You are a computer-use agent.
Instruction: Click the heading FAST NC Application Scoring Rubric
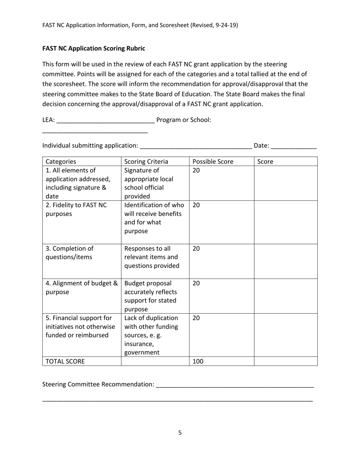click(94, 48)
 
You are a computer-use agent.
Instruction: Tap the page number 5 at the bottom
click(180, 433)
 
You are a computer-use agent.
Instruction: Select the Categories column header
click(61, 162)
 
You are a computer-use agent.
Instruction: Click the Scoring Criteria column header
click(146, 162)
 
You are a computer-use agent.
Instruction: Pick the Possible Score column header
click(213, 162)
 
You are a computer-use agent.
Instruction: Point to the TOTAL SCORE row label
click(65, 361)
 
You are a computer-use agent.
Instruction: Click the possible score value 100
click(198, 361)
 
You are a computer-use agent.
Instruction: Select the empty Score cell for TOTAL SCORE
click(285, 361)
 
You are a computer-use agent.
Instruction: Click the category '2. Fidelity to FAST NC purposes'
click(76, 210)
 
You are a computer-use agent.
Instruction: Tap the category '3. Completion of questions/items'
click(69, 253)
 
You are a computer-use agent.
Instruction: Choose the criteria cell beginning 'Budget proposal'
click(150, 296)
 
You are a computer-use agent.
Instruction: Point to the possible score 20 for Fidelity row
click(196, 205)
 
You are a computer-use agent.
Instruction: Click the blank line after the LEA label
click(105, 120)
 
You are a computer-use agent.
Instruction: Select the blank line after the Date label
click(294, 146)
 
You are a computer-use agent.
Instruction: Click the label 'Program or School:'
click(184, 120)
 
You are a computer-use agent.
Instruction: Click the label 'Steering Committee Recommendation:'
click(98, 384)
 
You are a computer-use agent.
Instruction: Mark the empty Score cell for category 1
click(285, 183)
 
